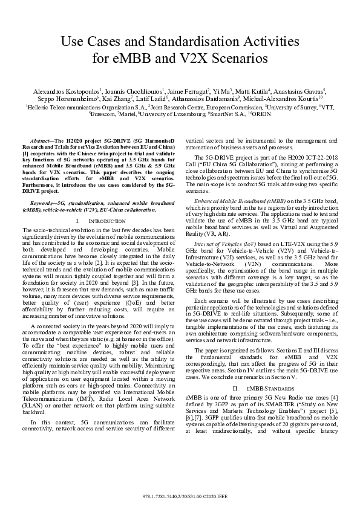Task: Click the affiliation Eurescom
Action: click(103, 113)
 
